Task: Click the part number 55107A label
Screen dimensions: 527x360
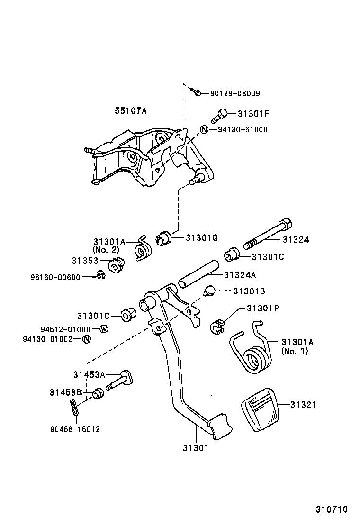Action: (x=130, y=111)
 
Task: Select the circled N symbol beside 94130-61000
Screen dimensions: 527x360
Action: (x=204, y=129)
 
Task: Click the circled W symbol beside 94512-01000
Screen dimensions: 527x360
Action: (x=103, y=329)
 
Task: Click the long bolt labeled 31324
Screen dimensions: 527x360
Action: (x=268, y=234)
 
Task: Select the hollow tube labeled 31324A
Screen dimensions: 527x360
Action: (x=198, y=274)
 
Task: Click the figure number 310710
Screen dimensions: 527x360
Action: (x=332, y=510)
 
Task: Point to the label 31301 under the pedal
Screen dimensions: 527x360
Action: (x=195, y=447)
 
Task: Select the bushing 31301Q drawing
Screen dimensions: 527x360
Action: (x=164, y=237)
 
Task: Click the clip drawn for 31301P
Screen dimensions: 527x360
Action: (x=217, y=327)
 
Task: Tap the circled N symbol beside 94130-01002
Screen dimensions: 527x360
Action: (x=86, y=339)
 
